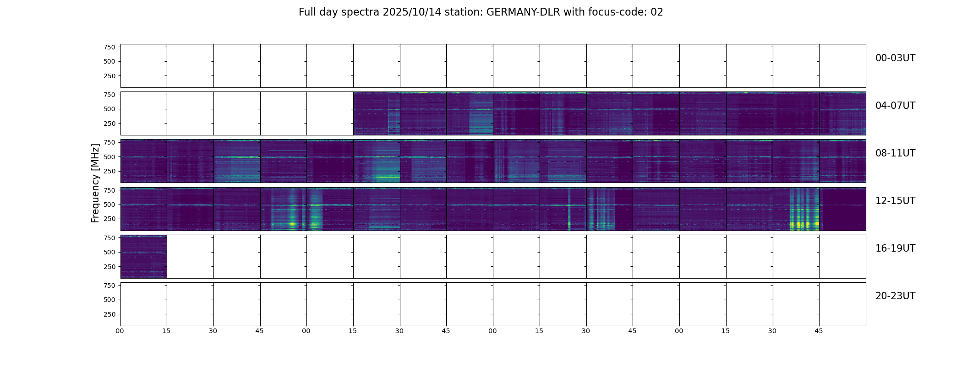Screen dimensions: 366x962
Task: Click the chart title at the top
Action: click(x=481, y=12)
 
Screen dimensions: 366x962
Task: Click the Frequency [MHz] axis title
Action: click(x=95, y=183)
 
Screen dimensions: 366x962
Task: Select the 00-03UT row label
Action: click(x=895, y=58)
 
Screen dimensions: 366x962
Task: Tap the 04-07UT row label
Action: click(x=895, y=106)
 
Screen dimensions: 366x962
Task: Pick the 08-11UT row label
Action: click(x=895, y=153)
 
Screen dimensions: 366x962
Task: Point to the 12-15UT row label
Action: click(x=895, y=201)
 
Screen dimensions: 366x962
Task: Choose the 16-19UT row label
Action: click(x=895, y=248)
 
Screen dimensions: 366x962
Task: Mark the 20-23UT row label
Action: click(x=895, y=296)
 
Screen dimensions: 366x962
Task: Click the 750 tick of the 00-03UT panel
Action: click(x=109, y=47)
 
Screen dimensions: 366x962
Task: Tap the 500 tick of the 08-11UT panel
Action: click(x=109, y=157)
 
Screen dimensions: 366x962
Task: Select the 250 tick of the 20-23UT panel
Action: click(x=109, y=314)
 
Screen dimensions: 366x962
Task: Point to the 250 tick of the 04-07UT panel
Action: click(x=109, y=124)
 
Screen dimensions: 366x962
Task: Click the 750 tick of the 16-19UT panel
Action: click(x=109, y=238)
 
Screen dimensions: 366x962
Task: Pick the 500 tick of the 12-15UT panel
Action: click(x=109, y=205)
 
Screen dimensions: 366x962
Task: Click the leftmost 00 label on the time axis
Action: click(x=120, y=331)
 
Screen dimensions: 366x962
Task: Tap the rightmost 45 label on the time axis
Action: click(x=819, y=331)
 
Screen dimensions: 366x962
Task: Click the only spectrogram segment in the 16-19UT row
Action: click(x=143, y=257)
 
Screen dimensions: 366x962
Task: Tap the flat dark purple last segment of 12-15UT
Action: click(x=843, y=209)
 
